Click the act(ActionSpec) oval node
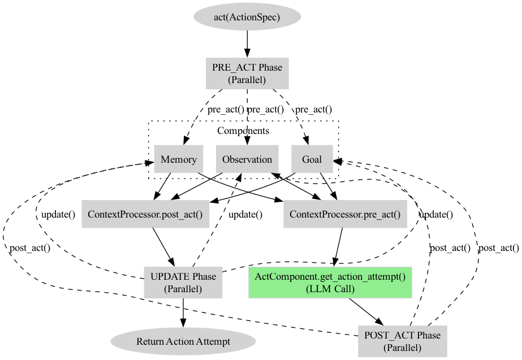point(247,17)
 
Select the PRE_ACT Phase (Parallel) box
point(247,73)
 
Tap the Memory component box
point(178,159)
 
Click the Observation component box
point(247,159)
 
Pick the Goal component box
point(312,159)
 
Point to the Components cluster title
point(243,131)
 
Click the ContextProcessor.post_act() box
point(145,214)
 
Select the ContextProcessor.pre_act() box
point(344,214)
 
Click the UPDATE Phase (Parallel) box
point(183,283)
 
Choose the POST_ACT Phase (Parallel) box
point(402,341)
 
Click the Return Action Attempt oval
point(183,341)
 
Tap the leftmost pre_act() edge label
point(226,110)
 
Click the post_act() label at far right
point(498,248)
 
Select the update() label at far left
point(58,215)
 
